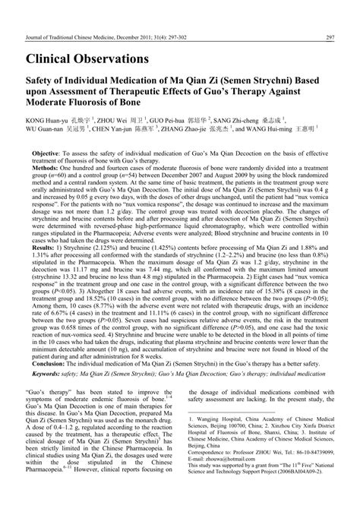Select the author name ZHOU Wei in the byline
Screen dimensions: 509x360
[115, 119]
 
